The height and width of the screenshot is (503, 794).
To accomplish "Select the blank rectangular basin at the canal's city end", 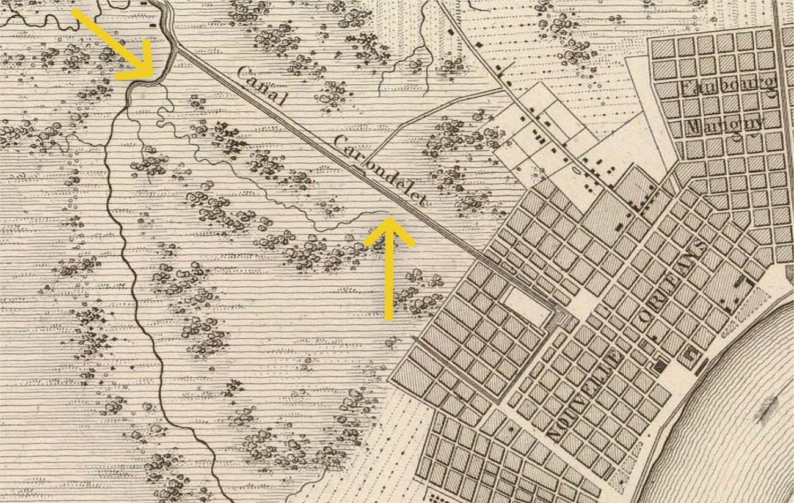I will point(526,306).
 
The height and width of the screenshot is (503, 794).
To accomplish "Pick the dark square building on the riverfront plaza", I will point(660,366).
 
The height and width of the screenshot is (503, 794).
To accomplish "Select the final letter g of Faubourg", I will point(771,89).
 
